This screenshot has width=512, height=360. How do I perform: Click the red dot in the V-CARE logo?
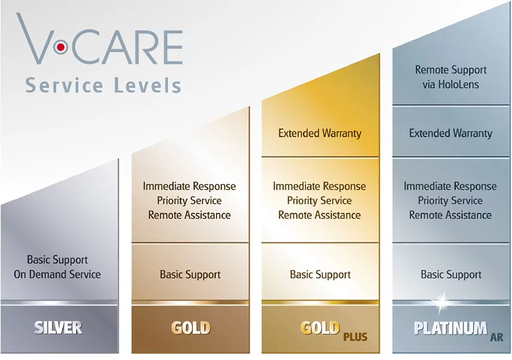coord(61,48)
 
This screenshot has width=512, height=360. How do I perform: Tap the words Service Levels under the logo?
coord(103,85)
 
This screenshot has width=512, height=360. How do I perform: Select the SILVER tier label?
coord(58,328)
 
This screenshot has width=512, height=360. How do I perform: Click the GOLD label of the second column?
coord(191,328)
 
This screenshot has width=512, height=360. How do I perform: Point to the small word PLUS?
coord(356,337)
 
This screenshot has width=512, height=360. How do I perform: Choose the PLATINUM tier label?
coord(450,328)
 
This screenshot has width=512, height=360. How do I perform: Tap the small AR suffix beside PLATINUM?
coord(496,337)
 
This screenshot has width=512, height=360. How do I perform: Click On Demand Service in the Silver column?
coord(57,274)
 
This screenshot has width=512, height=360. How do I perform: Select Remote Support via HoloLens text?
coord(451,77)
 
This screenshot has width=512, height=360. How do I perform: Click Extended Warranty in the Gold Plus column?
coord(320,133)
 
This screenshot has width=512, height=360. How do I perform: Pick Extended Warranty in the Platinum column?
coord(451,133)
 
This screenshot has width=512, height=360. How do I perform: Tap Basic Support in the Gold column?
coord(190,274)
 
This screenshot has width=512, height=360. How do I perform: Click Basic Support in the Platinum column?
coord(451,274)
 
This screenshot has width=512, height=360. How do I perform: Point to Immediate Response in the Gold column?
coord(189,186)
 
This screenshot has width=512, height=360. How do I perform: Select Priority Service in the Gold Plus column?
coord(320,201)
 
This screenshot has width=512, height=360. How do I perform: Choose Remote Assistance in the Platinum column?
coord(450,215)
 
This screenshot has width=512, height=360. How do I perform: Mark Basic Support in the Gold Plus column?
coord(320,274)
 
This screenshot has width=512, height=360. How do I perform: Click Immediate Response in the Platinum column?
coord(450,186)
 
